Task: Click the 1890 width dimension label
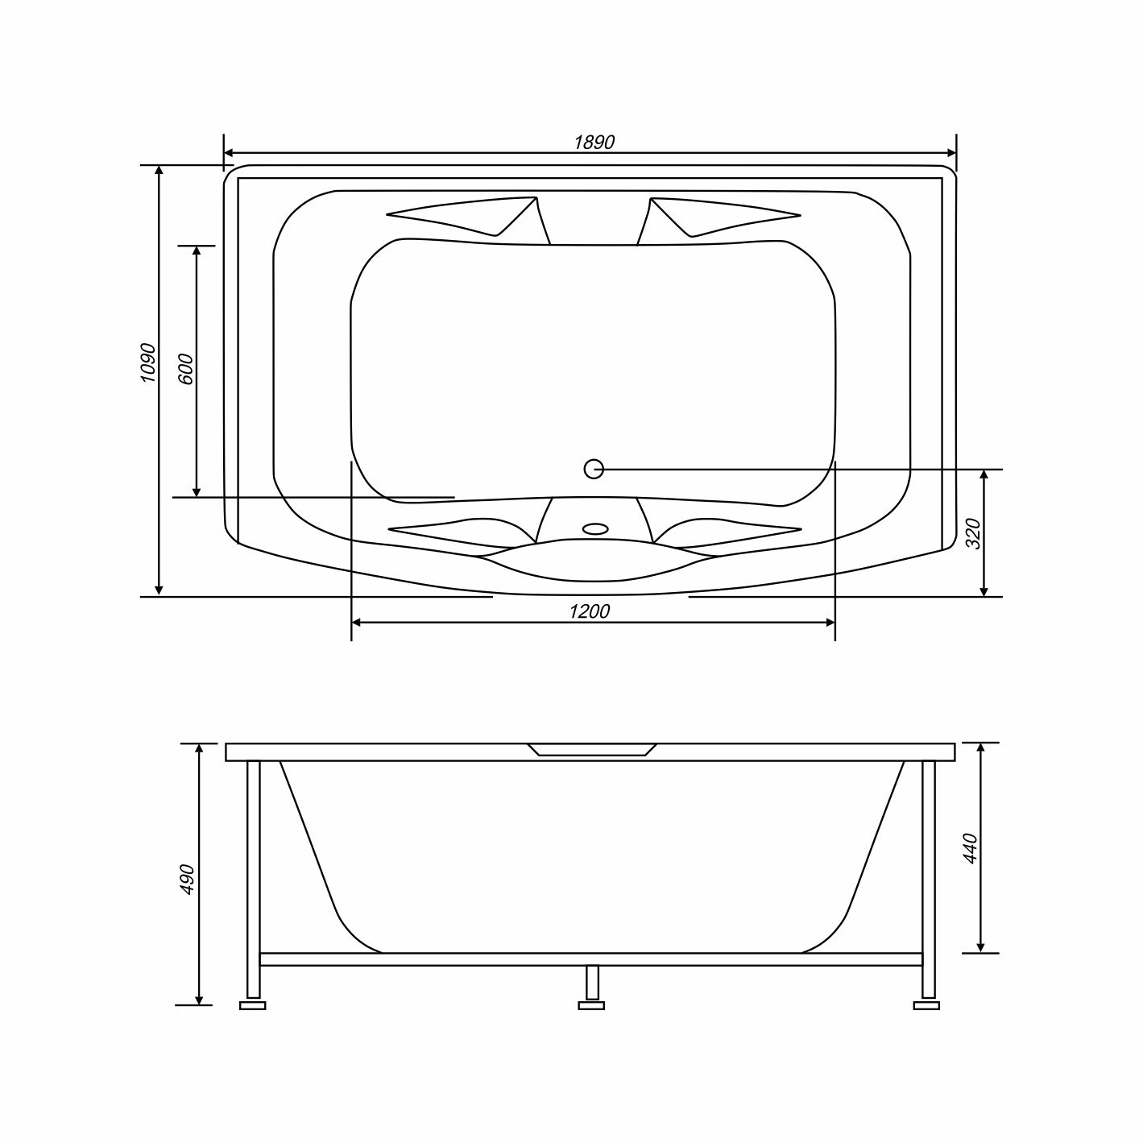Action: (594, 143)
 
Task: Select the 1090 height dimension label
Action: (148, 362)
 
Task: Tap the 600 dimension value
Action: (185, 369)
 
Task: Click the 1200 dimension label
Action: (590, 611)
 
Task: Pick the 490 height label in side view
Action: (188, 879)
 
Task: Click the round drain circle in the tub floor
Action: (594, 469)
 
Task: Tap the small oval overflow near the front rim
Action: (595, 528)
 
